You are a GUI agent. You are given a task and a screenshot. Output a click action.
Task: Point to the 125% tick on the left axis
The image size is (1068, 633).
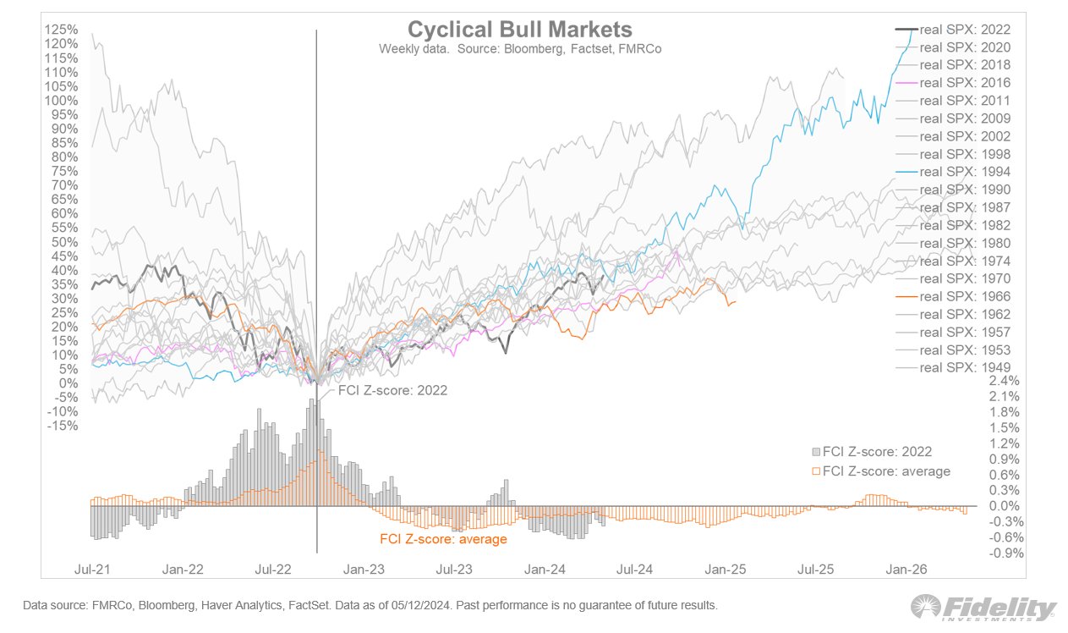(63, 30)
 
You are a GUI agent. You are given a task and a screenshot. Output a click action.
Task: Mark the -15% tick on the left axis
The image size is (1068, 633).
(63, 425)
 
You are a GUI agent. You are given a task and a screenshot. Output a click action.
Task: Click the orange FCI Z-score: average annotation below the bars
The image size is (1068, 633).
(443, 539)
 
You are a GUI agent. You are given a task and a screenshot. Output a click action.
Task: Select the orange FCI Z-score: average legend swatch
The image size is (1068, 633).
(816, 471)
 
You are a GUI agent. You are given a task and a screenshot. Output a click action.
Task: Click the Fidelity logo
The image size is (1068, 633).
(983, 608)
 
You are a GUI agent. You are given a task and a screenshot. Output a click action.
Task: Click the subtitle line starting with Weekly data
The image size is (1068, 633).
(519, 49)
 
